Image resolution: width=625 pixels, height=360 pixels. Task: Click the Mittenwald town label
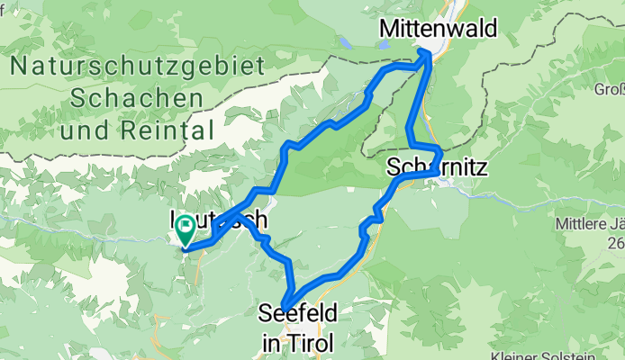click(x=438, y=29)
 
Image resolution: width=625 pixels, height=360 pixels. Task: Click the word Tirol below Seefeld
click(x=312, y=342)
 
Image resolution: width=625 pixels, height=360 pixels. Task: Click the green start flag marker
click(x=187, y=230)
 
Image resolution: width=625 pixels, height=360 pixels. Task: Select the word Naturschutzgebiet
click(x=139, y=67)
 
